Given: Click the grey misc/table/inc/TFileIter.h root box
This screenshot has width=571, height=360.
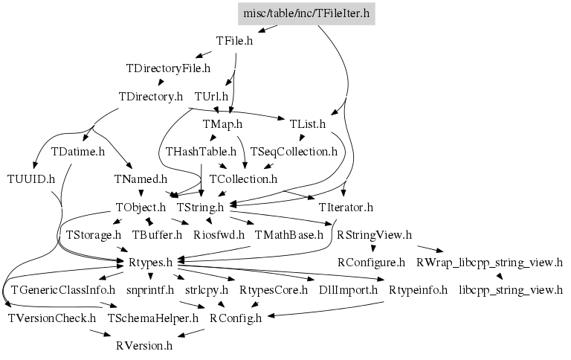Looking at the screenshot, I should pyautogui.click(x=306, y=14).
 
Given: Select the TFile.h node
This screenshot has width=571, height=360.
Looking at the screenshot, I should pyautogui.click(x=234, y=42).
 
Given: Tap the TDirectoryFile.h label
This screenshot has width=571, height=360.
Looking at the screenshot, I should pyautogui.click(x=168, y=68).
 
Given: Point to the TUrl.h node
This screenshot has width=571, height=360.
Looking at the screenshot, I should pyautogui.click(x=210, y=97).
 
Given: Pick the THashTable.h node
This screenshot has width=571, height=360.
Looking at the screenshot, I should pyautogui.click(x=201, y=151).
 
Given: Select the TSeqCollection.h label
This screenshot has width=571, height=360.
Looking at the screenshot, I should pyautogui.click(x=294, y=151).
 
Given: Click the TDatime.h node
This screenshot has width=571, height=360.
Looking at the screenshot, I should pyautogui.click(x=77, y=151).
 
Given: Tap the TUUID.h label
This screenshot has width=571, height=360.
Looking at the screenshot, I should pyautogui.click(x=30, y=179).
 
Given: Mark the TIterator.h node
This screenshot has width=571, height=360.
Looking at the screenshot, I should pyautogui.click(x=345, y=207).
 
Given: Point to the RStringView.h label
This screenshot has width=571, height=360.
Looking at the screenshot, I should pyautogui.click(x=374, y=235).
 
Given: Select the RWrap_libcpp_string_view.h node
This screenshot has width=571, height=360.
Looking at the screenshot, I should pyautogui.click(x=489, y=263).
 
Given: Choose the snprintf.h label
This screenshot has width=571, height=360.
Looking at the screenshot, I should pyautogui.click(x=149, y=290).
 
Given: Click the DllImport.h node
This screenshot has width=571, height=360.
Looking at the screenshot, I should pyautogui.click(x=347, y=290).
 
